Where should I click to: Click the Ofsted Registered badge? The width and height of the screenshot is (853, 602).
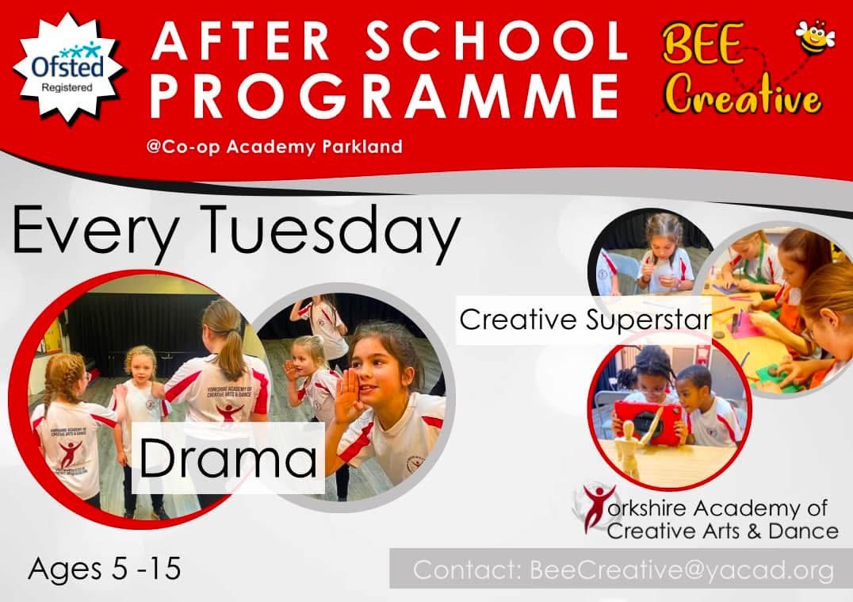tap(67, 68)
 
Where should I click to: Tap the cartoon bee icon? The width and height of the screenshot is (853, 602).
tap(814, 37)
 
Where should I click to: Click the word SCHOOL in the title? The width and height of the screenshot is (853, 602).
tap(495, 41)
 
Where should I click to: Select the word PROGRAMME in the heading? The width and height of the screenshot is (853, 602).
tap(384, 96)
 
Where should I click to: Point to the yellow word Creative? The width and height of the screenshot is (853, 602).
tap(744, 96)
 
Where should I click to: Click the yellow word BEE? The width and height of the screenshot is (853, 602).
tap(702, 44)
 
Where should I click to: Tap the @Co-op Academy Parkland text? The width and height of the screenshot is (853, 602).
tap(274, 147)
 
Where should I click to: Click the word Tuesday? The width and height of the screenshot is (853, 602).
tap(333, 231)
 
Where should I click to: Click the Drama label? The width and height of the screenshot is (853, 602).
tap(228, 458)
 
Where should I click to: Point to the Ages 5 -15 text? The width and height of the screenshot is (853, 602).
tap(105, 569)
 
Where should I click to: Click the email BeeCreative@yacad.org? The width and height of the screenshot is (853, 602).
tap(682, 570)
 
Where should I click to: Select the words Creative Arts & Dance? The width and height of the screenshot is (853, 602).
tap(722, 531)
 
